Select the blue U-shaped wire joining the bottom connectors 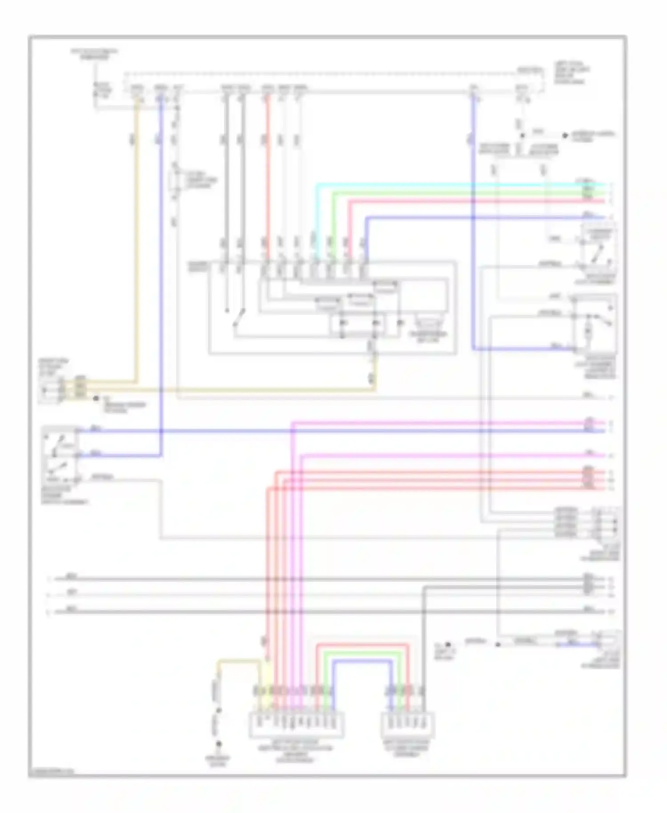coord(362,660)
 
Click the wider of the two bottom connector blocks coord(296,725)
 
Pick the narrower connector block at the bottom coord(408,725)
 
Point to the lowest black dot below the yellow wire coord(219,743)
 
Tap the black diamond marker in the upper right coord(565,135)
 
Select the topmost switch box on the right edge coord(599,250)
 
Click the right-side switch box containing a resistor coord(595,324)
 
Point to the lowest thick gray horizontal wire coord(311,612)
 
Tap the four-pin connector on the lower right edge coord(607,523)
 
